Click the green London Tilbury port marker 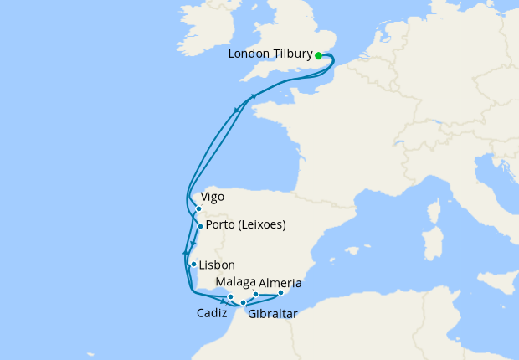(319, 56)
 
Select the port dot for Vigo (198, 209)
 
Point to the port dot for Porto (200, 226)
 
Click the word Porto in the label (221, 225)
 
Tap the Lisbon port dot (193, 265)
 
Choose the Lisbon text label (217, 265)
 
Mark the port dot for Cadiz (230, 297)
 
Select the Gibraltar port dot (243, 303)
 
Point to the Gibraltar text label (272, 315)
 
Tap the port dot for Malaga (255, 295)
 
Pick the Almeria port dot (280, 292)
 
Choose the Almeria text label (280, 284)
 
